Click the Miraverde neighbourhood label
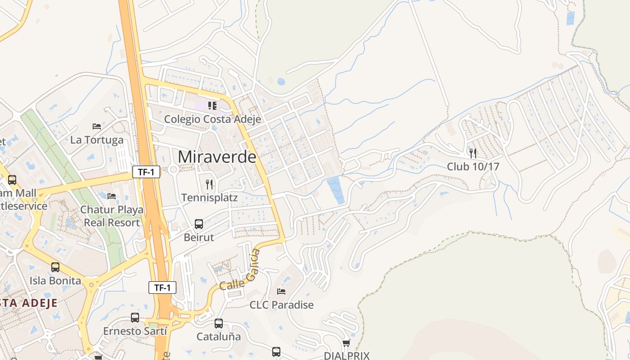[x=217, y=157]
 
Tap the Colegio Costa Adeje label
[x=206, y=119]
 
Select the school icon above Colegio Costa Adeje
[x=212, y=106]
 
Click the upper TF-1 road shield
[x=146, y=171]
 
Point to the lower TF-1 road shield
[x=162, y=288]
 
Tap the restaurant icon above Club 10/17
[x=473, y=153]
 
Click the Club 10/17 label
[x=473, y=166]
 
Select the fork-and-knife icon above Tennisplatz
[x=209, y=184]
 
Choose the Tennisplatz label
[x=209, y=198]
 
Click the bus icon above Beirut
[x=199, y=224]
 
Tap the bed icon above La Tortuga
[x=97, y=126]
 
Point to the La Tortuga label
[x=97, y=140]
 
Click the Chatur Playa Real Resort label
[x=112, y=216]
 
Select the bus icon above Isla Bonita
[x=55, y=267]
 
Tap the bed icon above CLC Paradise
[x=281, y=291]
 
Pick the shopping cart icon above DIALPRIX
[x=346, y=343]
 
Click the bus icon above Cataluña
[x=219, y=323]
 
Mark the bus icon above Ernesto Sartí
[x=135, y=318]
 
